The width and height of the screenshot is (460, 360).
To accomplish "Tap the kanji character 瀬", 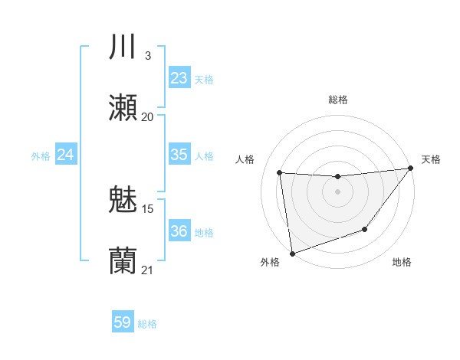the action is pyautogui.click(x=123, y=108).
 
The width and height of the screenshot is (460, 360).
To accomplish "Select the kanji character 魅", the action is pyautogui.click(x=123, y=201).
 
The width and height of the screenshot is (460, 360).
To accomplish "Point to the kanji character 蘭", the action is pyautogui.click(x=123, y=261).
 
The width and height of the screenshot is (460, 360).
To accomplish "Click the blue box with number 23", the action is pyautogui.click(x=179, y=77).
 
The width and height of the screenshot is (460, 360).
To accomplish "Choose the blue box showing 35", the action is pyautogui.click(x=179, y=155).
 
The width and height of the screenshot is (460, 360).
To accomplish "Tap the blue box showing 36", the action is pyautogui.click(x=179, y=231).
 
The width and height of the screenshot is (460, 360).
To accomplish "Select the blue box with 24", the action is pyautogui.click(x=66, y=155).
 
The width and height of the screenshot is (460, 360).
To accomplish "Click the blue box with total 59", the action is pyautogui.click(x=123, y=322).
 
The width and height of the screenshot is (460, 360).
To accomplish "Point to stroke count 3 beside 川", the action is pyautogui.click(x=148, y=56).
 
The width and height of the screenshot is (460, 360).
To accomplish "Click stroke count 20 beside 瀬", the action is pyautogui.click(x=148, y=117).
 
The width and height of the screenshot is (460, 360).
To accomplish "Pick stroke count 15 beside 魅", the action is pyautogui.click(x=148, y=208).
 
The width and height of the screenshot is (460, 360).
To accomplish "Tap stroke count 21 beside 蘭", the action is pyautogui.click(x=147, y=270).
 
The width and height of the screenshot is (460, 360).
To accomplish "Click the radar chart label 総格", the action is pyautogui.click(x=337, y=100).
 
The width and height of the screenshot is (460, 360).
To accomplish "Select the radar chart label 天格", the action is pyautogui.click(x=431, y=159).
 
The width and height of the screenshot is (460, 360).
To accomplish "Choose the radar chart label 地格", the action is pyautogui.click(x=402, y=263).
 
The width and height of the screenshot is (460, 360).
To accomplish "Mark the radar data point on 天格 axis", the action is pyautogui.click(x=409, y=169).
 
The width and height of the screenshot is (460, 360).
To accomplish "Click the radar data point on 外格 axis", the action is pyautogui.click(x=292, y=252).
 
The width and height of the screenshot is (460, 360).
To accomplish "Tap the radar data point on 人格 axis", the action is pyautogui.click(x=280, y=172).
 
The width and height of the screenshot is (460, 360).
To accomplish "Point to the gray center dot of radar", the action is pyautogui.click(x=337, y=191).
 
